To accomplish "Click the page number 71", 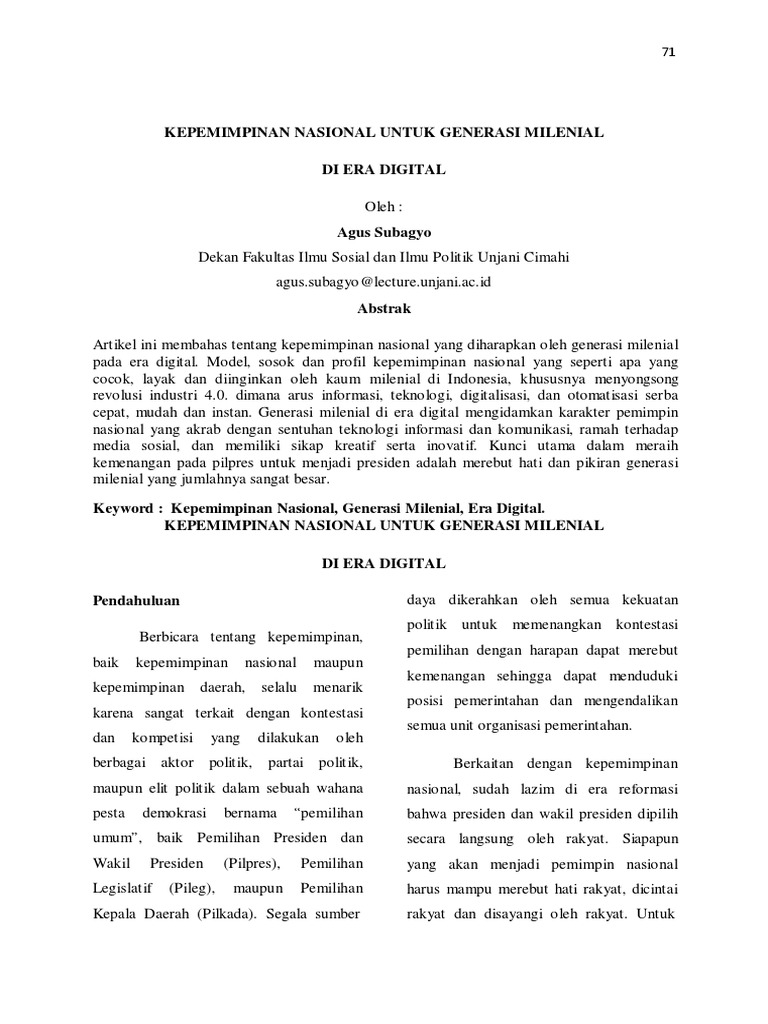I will coord(669,53).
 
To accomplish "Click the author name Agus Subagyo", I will coord(383,231).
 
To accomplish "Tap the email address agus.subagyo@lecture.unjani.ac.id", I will coord(383,282).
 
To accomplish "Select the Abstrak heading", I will coord(384,308).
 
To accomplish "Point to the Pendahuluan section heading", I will coord(136,600).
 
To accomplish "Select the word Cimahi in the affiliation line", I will coord(546,257).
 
